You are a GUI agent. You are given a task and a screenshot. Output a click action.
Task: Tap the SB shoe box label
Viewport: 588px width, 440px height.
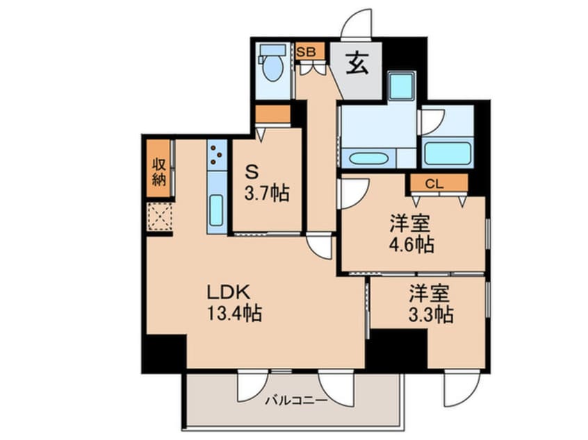tap(306, 52)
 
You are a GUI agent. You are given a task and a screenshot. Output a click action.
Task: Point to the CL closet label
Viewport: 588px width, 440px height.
tap(434, 184)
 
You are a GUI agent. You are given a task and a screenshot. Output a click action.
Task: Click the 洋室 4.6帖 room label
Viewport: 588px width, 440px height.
tap(411, 234)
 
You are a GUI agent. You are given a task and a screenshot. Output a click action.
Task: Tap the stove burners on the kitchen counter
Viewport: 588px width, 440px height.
tap(216, 156)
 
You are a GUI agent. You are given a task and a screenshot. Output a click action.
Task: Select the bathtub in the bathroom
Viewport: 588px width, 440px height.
tap(447, 153)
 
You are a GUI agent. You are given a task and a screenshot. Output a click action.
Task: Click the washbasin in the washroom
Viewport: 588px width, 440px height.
tap(368, 158)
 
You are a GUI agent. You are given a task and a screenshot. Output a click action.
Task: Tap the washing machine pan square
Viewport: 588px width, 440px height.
tap(401, 86)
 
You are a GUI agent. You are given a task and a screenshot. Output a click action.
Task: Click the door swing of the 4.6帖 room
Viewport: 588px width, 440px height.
tap(352, 194)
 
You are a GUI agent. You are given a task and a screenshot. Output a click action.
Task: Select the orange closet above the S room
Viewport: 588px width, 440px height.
tap(272, 114)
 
